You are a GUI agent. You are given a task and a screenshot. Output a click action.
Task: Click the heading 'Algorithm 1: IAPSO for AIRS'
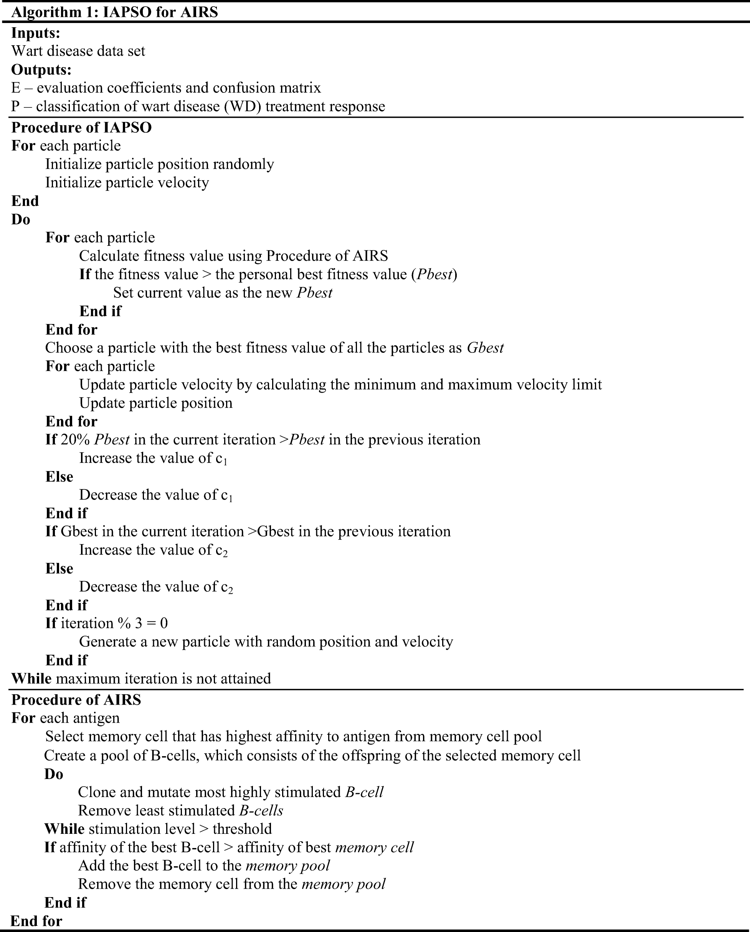pyautogui.click(x=114, y=12)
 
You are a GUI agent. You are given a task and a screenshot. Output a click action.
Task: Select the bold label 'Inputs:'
pyautogui.click(x=35, y=33)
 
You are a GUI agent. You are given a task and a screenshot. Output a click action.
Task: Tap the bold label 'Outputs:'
pyautogui.click(x=41, y=69)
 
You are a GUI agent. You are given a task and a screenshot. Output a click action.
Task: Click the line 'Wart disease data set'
pyautogui.click(x=78, y=51)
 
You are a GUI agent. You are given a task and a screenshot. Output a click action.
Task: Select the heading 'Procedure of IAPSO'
pyautogui.click(x=81, y=128)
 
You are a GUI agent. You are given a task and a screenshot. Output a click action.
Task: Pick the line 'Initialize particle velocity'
pyautogui.click(x=127, y=182)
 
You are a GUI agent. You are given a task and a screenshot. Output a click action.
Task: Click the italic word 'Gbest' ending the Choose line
pyautogui.click(x=485, y=348)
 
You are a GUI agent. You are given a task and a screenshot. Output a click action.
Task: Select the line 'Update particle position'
pyautogui.click(x=156, y=403)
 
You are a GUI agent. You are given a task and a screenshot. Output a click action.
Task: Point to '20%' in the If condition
pyautogui.click(x=75, y=440)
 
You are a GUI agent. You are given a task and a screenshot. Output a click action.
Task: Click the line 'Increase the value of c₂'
pyautogui.click(x=153, y=550)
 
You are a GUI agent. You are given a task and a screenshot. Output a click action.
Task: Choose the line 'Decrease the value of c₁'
pyautogui.click(x=156, y=495)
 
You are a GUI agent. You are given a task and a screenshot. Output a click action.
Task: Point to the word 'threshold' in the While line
pyautogui.click(x=242, y=829)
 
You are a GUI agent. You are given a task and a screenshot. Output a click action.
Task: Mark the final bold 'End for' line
pyautogui.click(x=36, y=921)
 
